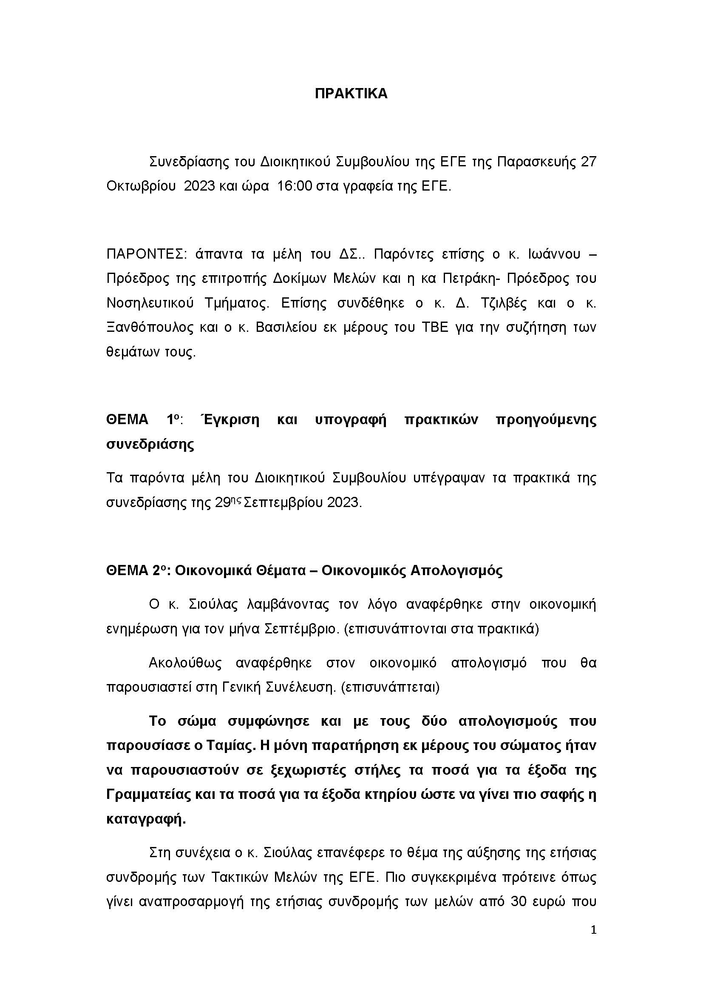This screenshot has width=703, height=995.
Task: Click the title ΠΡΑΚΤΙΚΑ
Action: click(351, 94)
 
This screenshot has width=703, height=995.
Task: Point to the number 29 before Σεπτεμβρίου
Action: click(224, 503)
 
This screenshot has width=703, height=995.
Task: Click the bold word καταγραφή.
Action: click(146, 819)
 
